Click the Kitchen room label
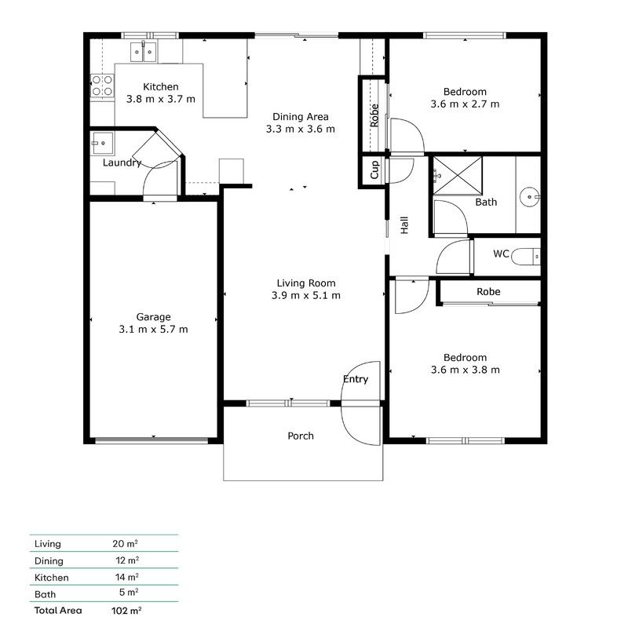pyautogui.click(x=160, y=86)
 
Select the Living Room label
pyautogui.click(x=305, y=283)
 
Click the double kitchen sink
pyautogui.click(x=144, y=53)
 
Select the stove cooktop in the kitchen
pyautogui.click(x=101, y=86)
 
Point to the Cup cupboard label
pyautogui.click(x=374, y=170)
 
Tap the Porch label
pyautogui.click(x=300, y=436)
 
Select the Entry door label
pyautogui.click(x=356, y=380)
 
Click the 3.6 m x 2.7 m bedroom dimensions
pyautogui.click(x=465, y=104)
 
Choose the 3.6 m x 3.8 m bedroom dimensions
pyautogui.click(x=465, y=370)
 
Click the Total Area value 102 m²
pyautogui.click(x=126, y=610)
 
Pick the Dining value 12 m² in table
pyautogui.click(x=126, y=560)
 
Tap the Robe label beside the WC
pyautogui.click(x=488, y=292)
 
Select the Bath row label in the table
pyautogui.click(x=45, y=594)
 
